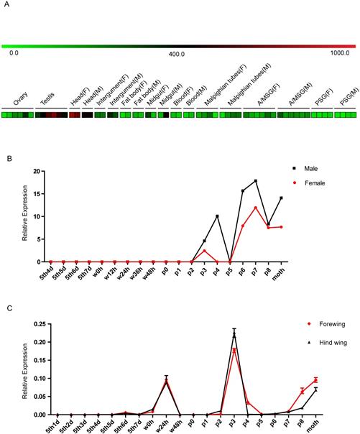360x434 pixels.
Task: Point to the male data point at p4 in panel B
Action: coord(217,216)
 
